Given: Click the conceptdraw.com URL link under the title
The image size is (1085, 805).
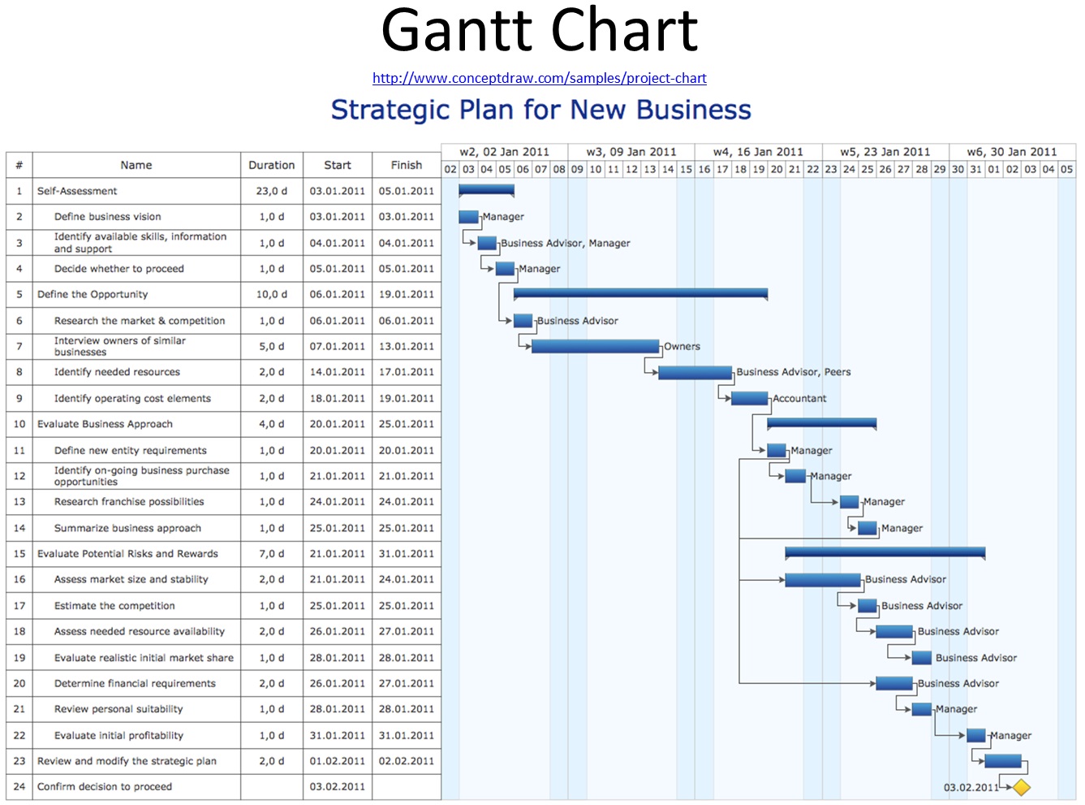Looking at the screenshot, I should click(x=539, y=78).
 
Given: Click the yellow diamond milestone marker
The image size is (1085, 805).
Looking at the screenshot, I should click(x=1021, y=787).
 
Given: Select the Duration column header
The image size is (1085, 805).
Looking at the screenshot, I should click(x=272, y=165).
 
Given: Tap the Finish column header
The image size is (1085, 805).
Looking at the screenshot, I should click(x=407, y=165).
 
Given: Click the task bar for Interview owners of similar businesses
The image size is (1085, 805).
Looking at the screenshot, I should click(x=595, y=347).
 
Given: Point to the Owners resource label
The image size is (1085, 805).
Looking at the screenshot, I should click(x=682, y=347).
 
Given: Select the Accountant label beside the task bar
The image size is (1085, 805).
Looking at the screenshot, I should click(x=799, y=399).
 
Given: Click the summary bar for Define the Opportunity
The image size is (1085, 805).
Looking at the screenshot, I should click(x=640, y=293).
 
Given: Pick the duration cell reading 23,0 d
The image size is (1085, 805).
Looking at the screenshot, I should click(x=272, y=191).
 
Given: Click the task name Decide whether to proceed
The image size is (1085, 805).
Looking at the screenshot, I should click(x=119, y=269).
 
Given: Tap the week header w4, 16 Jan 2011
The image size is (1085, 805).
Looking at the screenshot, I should click(x=758, y=152).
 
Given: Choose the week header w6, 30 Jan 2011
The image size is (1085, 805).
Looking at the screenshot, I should click(x=1012, y=152).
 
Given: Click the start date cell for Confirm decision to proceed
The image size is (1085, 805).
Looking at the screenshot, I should click(x=338, y=787).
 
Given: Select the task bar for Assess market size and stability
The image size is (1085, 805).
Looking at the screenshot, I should click(x=822, y=580).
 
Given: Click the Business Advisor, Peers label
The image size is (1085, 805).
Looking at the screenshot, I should click(x=793, y=372).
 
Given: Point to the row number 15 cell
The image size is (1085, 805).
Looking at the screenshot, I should click(x=19, y=554).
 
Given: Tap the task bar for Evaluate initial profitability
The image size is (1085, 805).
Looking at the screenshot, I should click(x=976, y=736).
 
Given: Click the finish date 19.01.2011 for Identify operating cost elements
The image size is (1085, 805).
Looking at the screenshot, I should click(x=407, y=399).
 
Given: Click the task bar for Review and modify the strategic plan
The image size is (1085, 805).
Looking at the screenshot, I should click(x=1003, y=761).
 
